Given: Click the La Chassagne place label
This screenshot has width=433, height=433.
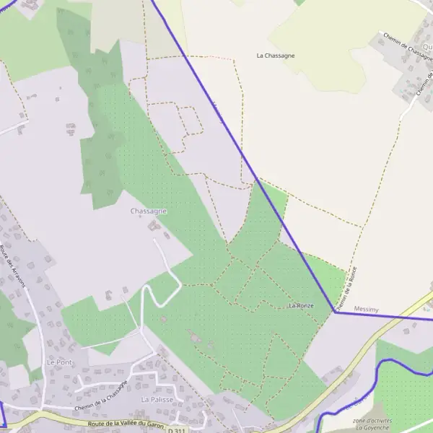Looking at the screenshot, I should (x=276, y=55).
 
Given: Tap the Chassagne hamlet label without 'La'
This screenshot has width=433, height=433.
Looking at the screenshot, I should (x=149, y=211).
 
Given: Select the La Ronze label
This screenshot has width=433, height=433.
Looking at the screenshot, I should (x=301, y=306).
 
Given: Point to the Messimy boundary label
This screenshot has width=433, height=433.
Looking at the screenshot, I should (x=367, y=309).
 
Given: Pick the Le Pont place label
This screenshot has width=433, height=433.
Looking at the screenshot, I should (x=60, y=361).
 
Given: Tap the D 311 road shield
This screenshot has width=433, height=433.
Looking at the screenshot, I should (x=176, y=430).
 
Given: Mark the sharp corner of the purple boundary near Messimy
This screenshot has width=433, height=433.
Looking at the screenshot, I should (x=334, y=312).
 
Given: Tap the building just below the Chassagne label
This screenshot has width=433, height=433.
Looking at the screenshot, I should (x=153, y=227).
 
